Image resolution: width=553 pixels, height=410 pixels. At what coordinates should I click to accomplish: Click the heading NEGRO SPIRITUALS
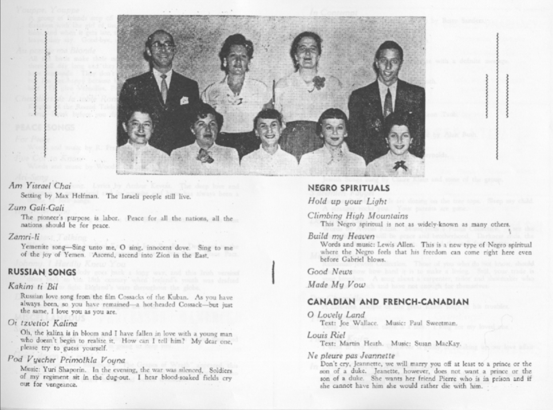pyautogui.click(x=349, y=188)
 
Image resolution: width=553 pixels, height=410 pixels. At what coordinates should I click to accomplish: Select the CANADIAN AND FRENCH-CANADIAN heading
pyautogui.click(x=388, y=302)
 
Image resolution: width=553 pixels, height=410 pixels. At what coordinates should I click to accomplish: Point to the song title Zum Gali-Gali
pyautogui.click(x=36, y=208)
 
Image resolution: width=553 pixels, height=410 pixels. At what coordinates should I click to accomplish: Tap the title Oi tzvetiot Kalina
pyautogui.click(x=43, y=323)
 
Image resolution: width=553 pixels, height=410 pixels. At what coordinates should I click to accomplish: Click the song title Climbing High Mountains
pyautogui.click(x=358, y=216)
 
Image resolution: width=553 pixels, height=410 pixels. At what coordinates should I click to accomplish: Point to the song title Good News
pyautogui.click(x=330, y=271)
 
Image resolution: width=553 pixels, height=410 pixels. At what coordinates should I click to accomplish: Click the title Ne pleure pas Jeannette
pyautogui.click(x=351, y=355)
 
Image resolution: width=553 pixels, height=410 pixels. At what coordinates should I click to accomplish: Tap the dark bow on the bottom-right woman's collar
pyautogui.click(x=401, y=165)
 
